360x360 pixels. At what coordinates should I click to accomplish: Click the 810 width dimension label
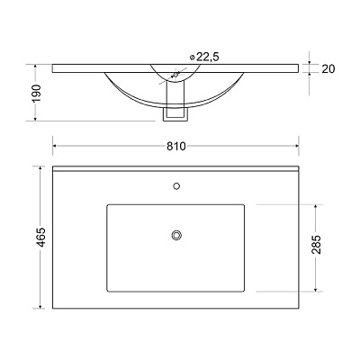tap(176, 146)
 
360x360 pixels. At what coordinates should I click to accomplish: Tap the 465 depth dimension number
tap(40, 238)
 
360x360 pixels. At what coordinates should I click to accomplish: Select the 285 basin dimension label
tap(316, 245)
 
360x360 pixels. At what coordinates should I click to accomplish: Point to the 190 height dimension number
tap(36, 93)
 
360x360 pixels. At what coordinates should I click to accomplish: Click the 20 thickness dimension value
tap(328, 69)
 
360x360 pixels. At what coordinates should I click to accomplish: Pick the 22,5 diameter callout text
tap(208, 57)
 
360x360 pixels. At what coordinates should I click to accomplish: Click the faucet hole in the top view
tap(176, 186)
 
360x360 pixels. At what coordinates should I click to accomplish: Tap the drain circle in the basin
tap(176, 235)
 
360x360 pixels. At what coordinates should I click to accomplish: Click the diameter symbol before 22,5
tap(193, 57)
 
